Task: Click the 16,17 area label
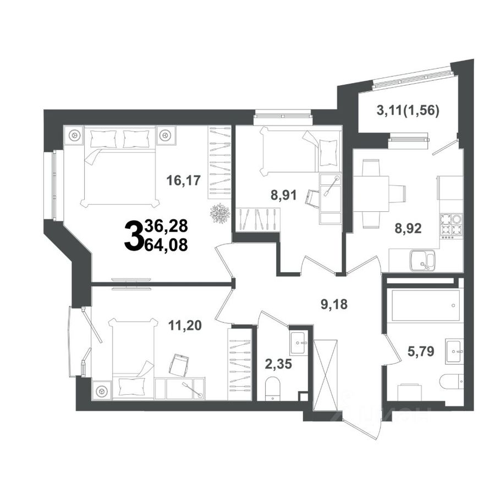[183, 180]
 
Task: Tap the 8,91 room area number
[283, 195]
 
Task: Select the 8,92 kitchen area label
[408, 228]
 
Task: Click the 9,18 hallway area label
[334, 304]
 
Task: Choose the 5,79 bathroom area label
[421, 351]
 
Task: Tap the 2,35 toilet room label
[278, 364]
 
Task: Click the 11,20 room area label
[185, 325]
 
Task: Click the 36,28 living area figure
[166, 226]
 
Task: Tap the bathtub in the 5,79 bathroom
[425, 305]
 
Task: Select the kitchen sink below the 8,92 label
[422, 261]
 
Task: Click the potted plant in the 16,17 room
[220, 213]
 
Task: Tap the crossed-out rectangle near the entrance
[325, 375]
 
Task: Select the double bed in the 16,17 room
[120, 167]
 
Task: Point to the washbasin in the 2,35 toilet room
[298, 343]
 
